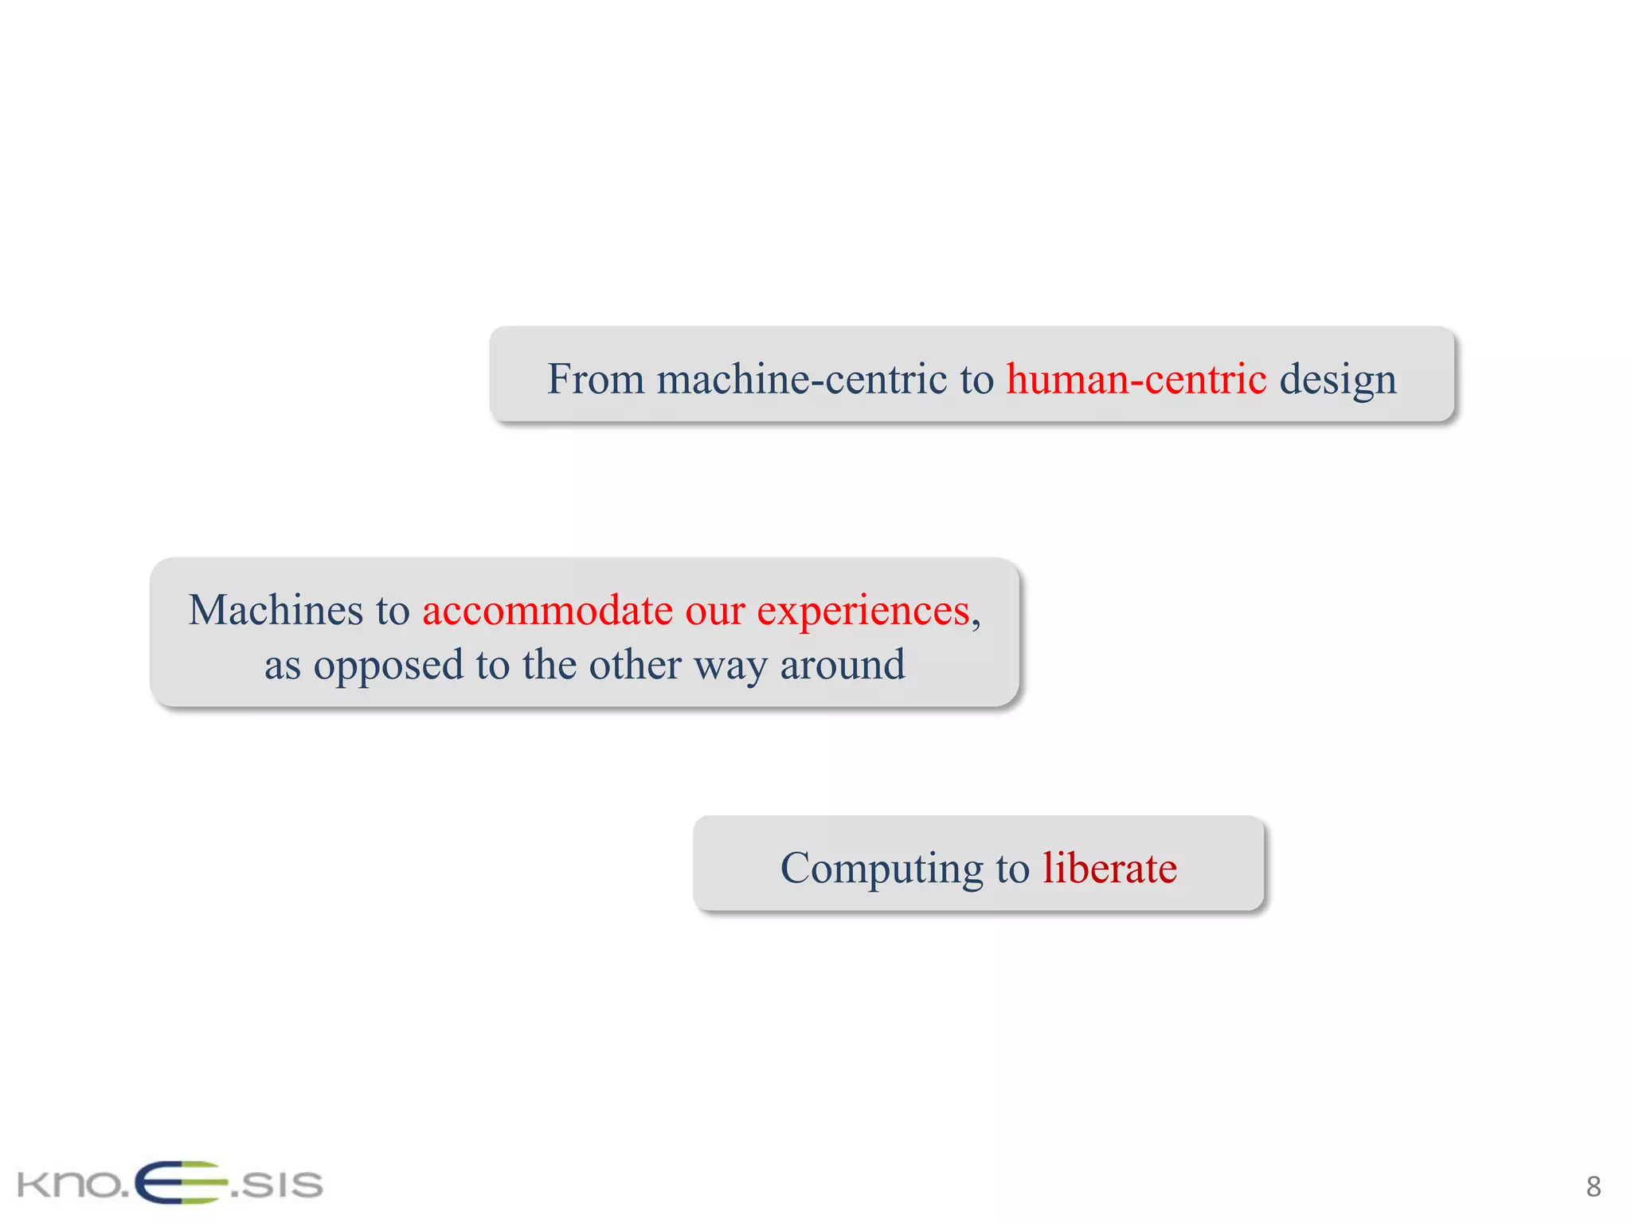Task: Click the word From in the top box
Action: click(x=595, y=378)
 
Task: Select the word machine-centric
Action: click(x=802, y=378)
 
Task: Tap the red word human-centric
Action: click(x=1136, y=378)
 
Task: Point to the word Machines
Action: click(x=276, y=610)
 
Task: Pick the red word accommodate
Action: click(x=547, y=610)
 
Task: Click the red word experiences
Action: click(x=863, y=611)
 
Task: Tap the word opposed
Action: click(x=388, y=666)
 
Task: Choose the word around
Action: click(x=843, y=664)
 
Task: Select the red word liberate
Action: click(x=1109, y=867)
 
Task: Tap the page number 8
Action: click(x=1593, y=1186)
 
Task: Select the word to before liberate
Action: click(x=1012, y=868)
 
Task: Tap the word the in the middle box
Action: click(x=550, y=664)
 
